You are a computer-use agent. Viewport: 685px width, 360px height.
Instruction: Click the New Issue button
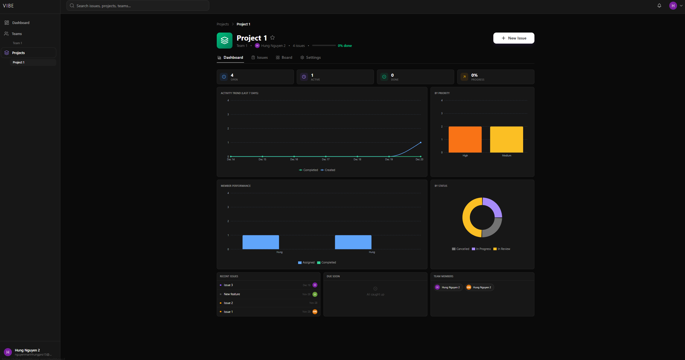click(x=513, y=38)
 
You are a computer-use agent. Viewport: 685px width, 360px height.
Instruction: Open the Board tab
click(x=284, y=57)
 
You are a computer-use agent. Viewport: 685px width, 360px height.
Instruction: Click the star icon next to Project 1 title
click(x=272, y=38)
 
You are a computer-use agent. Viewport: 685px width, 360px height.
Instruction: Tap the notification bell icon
click(x=659, y=6)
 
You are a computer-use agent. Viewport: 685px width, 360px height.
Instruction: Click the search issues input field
click(x=138, y=6)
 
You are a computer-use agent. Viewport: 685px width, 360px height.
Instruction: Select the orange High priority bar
click(x=465, y=139)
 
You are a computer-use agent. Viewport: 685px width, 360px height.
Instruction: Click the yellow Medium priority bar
click(x=506, y=139)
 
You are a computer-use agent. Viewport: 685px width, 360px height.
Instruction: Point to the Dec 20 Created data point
click(x=421, y=142)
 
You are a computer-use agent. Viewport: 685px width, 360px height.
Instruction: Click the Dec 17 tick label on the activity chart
click(x=326, y=159)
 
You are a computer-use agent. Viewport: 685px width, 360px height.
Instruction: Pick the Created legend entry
click(x=328, y=170)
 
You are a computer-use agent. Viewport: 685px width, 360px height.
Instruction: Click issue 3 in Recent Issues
click(x=228, y=285)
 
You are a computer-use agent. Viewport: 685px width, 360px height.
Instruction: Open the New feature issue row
click(x=232, y=294)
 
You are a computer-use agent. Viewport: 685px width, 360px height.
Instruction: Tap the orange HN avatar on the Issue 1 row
click(x=315, y=312)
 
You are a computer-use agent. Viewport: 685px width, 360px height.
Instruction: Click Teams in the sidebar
click(x=17, y=34)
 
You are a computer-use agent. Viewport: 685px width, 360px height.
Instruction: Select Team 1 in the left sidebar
click(x=17, y=43)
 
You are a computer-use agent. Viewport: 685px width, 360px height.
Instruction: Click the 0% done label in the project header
click(x=345, y=46)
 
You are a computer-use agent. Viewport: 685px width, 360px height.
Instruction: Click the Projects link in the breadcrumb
click(x=223, y=24)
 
